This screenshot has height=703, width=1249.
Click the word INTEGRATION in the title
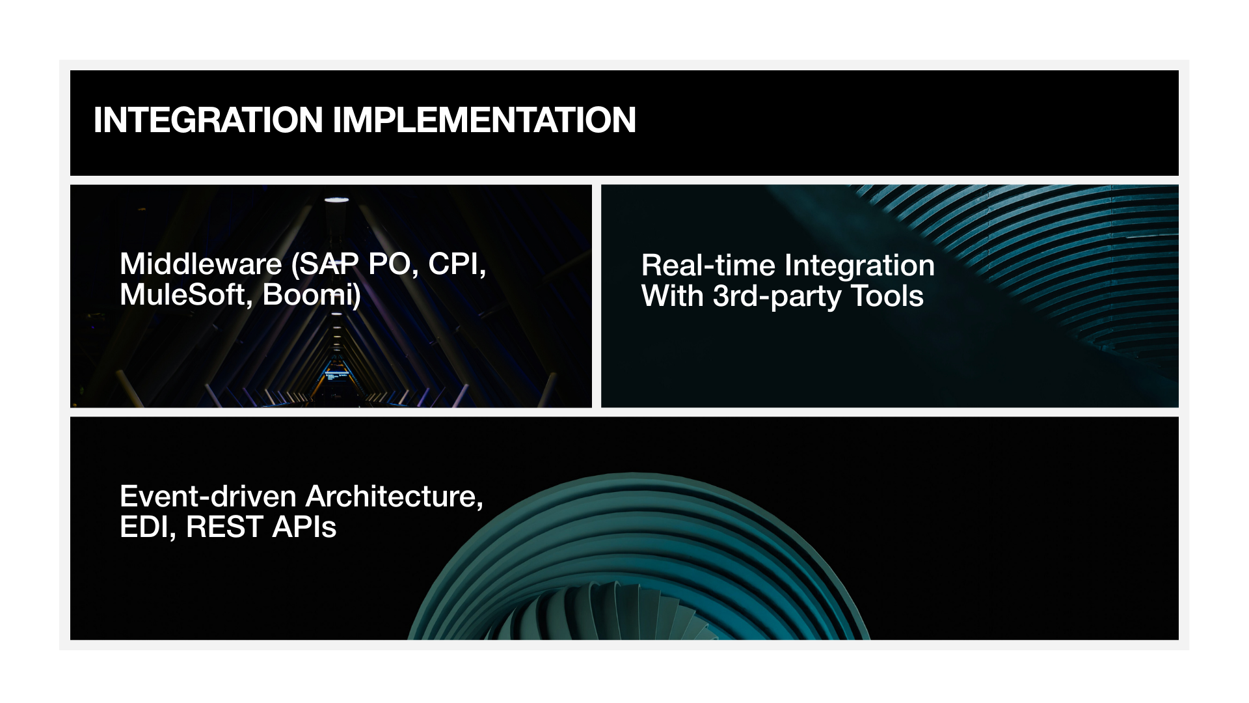pos(208,120)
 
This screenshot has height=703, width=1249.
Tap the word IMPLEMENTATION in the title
pos(485,120)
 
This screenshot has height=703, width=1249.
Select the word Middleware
pos(201,264)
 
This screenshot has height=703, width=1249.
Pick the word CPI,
pos(457,265)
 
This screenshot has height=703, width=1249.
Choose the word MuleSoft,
pos(187,295)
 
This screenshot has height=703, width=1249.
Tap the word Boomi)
pos(312,296)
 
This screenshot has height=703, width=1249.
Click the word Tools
pos(887,296)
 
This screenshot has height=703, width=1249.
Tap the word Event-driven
pos(208,497)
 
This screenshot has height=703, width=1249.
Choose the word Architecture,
pos(395,497)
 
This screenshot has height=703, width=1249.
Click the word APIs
pos(304,527)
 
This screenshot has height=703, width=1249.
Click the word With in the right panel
pos(673,296)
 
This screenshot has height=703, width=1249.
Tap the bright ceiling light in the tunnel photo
pos(336,200)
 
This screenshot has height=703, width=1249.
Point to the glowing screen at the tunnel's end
pos(336,376)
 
